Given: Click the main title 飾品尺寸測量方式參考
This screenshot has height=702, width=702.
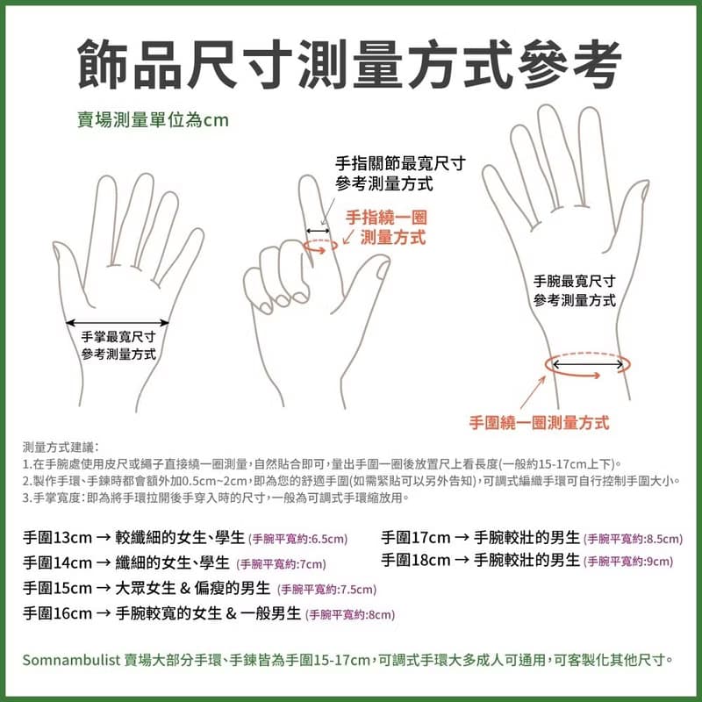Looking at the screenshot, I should (351, 63).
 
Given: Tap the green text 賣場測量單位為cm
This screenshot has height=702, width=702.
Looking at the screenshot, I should (153, 118).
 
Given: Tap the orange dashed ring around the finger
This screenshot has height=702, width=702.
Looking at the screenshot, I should (319, 245).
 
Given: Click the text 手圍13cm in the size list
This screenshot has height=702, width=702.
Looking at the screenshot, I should (52, 537).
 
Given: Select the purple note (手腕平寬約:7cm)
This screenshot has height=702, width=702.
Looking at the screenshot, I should (282, 564).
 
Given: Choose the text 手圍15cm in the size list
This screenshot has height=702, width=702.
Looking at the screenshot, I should (52, 588).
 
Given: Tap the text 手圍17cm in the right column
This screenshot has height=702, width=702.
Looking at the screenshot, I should (416, 537).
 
